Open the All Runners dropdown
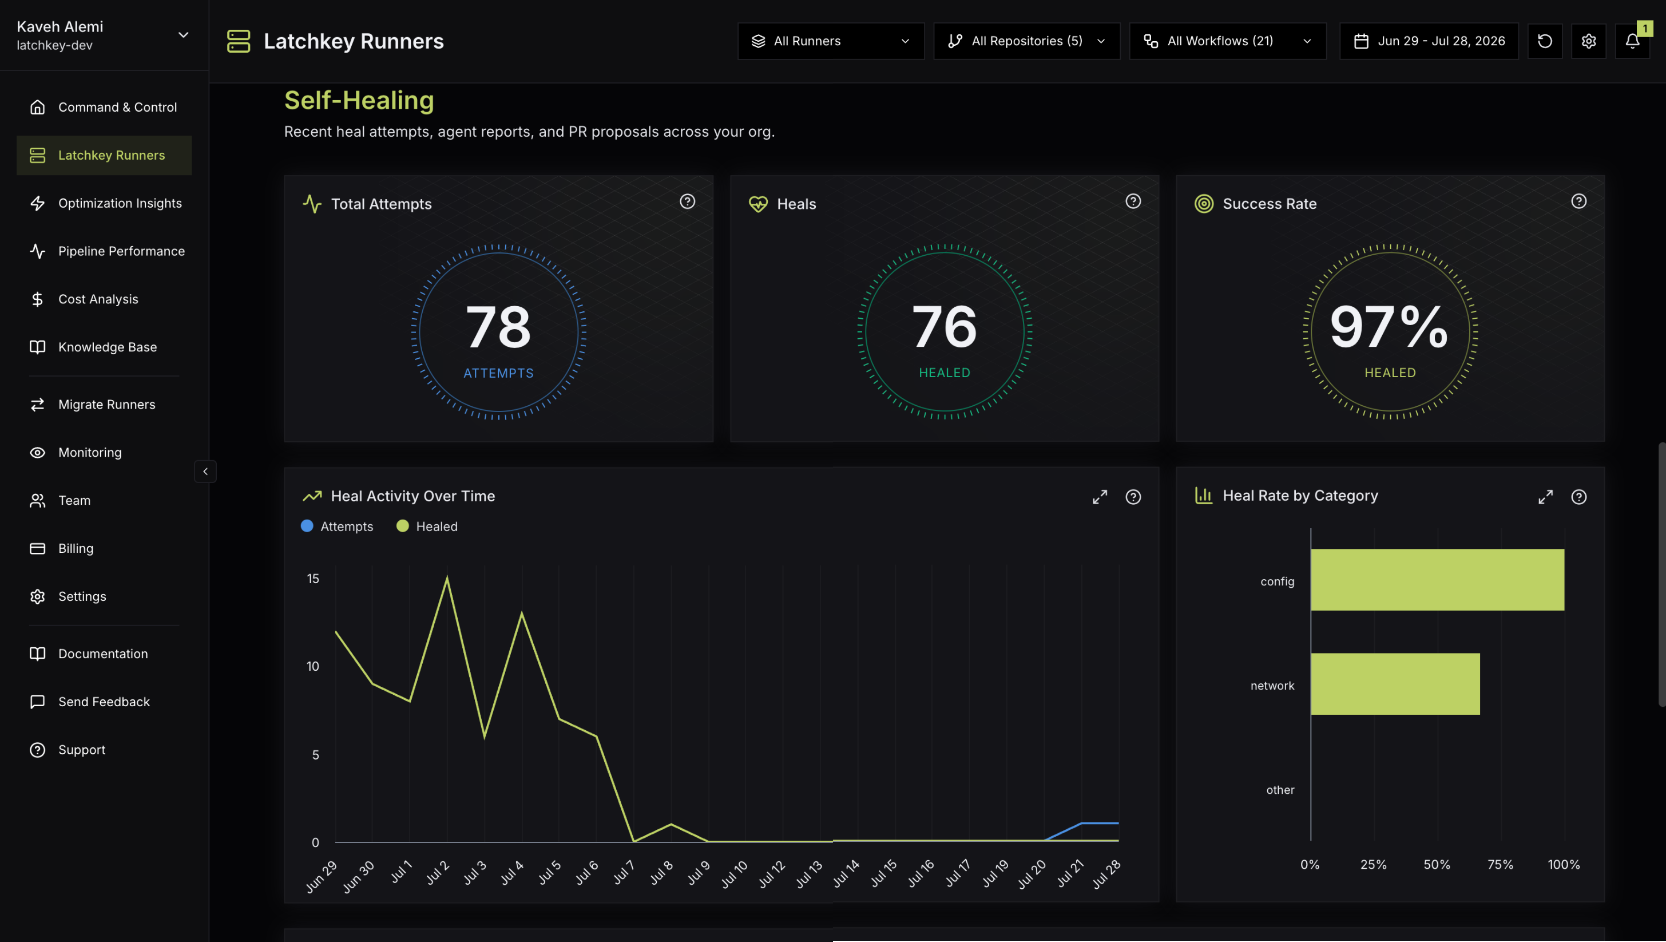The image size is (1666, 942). [830, 41]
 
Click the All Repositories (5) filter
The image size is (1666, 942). [1026, 41]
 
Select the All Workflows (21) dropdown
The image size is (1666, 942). [1228, 41]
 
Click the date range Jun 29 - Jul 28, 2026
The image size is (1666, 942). [1429, 41]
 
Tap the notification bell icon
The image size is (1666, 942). [1632, 41]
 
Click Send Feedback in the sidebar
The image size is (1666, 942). [104, 702]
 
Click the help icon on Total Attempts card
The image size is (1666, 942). [688, 201]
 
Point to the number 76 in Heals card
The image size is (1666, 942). [944, 327]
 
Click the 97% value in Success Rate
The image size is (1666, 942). [1389, 327]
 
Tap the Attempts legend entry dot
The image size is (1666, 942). [307, 526]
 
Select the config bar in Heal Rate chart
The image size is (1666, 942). [1437, 580]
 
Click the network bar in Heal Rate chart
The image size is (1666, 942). [1395, 684]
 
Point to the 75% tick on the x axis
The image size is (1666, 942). [1500, 864]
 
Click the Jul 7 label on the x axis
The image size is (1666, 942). [624, 872]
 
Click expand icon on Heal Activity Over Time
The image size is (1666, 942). [1100, 496]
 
